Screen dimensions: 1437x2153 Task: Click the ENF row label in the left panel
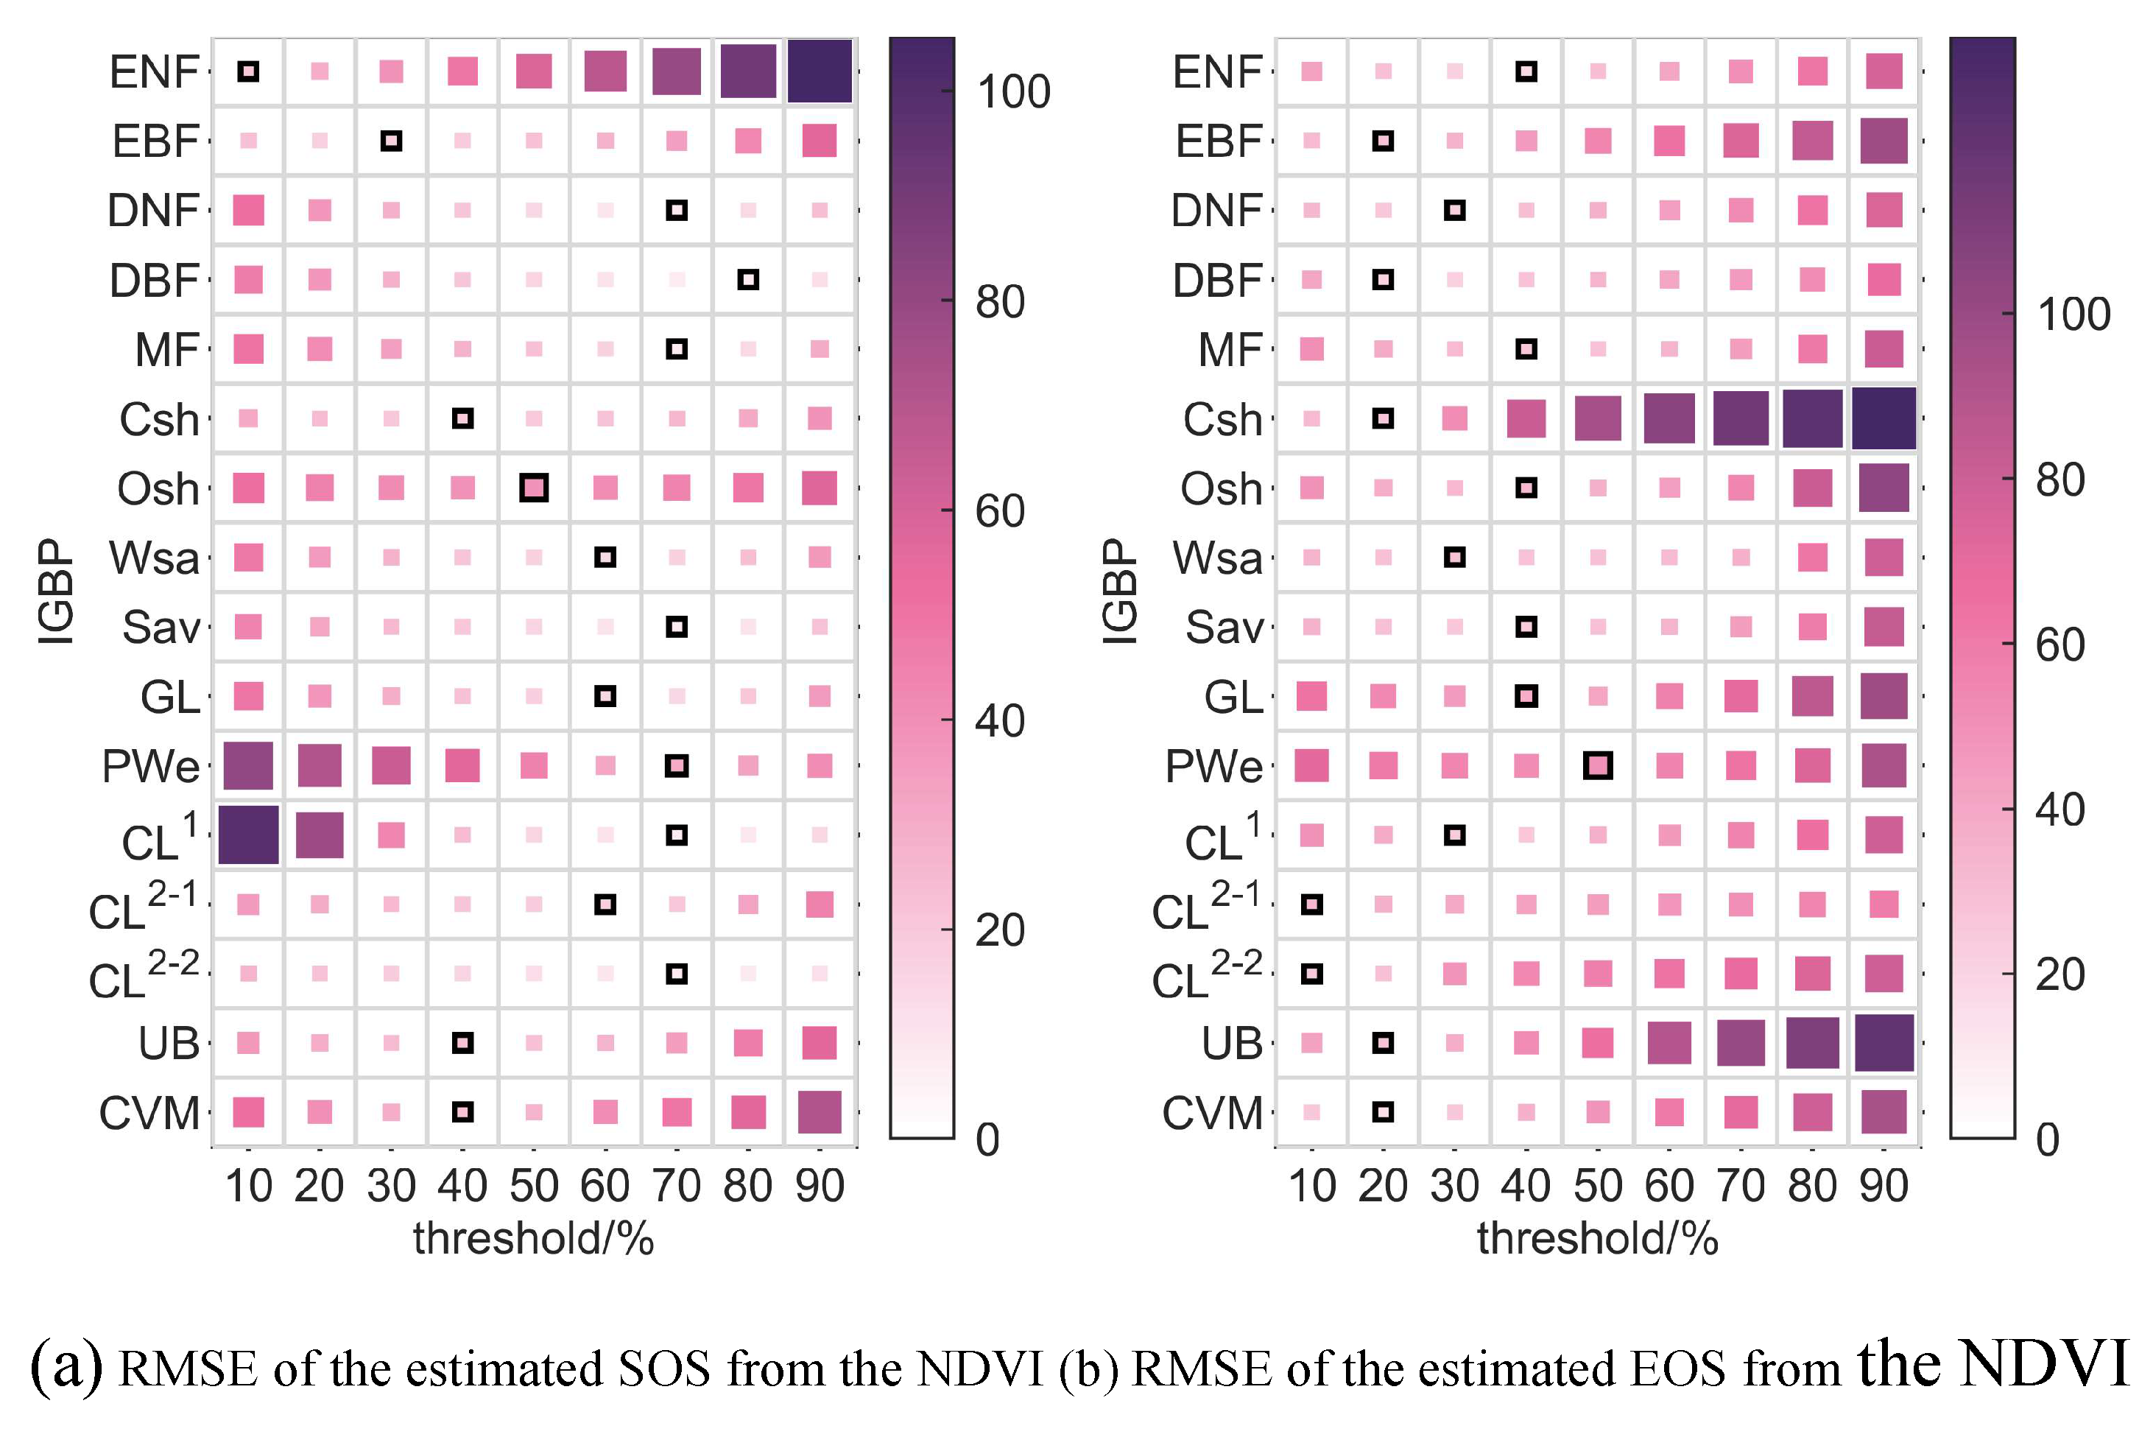pos(153,71)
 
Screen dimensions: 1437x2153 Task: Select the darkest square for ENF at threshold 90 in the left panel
pos(819,71)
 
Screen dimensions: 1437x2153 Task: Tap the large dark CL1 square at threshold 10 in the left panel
pos(248,834)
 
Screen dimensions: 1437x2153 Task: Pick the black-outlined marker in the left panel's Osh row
pos(534,488)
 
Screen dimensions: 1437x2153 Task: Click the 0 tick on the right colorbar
pos(2048,1139)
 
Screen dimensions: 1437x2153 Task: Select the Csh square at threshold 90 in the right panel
pos(1884,418)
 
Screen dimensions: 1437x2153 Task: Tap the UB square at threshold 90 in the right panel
pos(1884,1042)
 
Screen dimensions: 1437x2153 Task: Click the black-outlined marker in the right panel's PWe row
pos(1598,765)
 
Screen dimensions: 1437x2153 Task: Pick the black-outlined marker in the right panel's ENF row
pos(1526,71)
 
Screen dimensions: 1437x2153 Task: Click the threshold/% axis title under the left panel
pos(533,1238)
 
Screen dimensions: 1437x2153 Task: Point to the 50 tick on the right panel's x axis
pos(1598,1186)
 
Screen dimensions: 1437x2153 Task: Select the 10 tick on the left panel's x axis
pos(248,1186)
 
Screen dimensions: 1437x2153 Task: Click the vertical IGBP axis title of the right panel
pos(1118,591)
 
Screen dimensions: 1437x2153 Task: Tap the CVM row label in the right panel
pos(1212,1114)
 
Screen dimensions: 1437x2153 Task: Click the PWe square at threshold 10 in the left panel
pos(248,765)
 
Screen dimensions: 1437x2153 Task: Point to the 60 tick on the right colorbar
pos(2059,645)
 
